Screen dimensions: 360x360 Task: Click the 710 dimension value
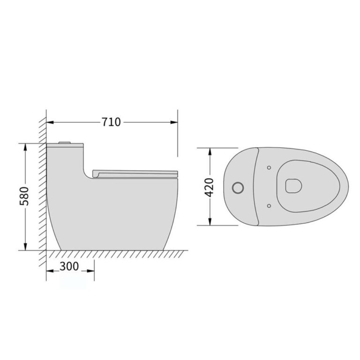point(112,122)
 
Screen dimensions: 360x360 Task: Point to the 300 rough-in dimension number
point(69,267)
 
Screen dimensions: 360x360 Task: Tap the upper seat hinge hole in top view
point(269,167)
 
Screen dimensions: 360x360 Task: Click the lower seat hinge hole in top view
point(269,205)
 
